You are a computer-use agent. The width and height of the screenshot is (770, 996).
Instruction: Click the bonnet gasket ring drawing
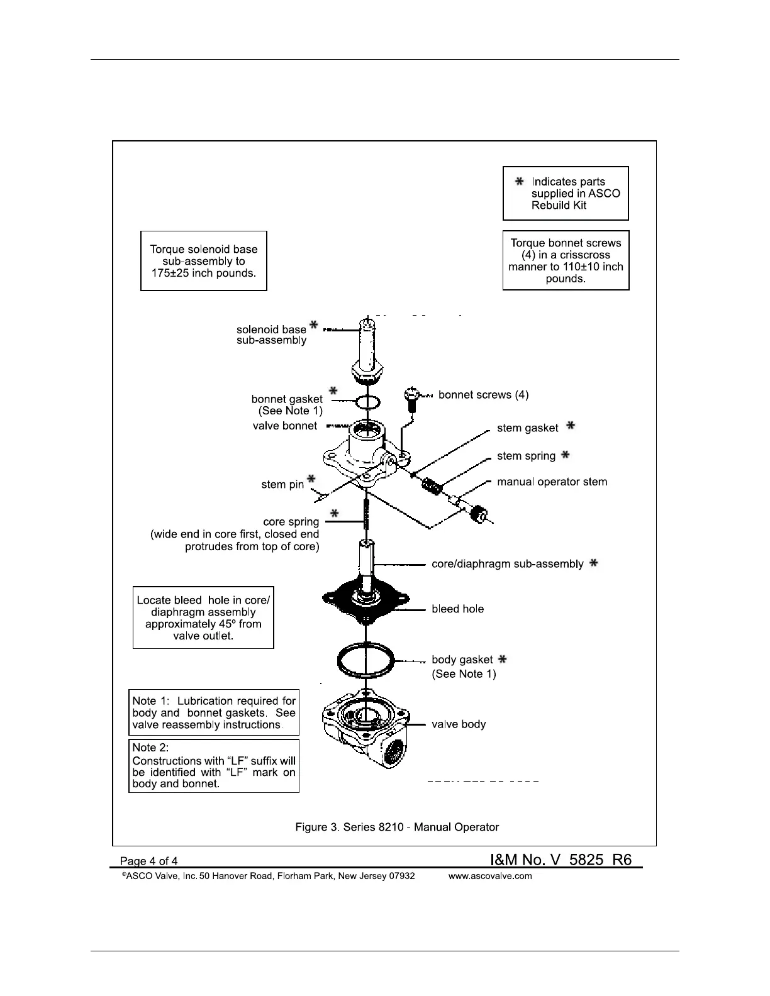[x=366, y=402]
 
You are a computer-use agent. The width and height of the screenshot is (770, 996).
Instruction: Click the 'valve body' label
[x=459, y=724]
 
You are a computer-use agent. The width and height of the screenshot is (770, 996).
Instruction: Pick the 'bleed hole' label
[x=457, y=609]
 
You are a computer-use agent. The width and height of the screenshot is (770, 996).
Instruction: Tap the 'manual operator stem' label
[x=552, y=482]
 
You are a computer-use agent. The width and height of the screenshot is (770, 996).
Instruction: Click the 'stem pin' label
[x=282, y=484]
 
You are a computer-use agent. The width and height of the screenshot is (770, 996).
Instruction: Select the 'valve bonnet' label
[x=285, y=426]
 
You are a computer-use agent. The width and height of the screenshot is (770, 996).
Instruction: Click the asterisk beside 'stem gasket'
[x=571, y=426]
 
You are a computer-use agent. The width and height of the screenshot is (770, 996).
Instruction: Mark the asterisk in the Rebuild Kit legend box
[x=519, y=181]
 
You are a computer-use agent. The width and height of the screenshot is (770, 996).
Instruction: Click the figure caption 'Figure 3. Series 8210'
[x=397, y=827]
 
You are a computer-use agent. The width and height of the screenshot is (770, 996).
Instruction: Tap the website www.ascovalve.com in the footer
[x=489, y=876]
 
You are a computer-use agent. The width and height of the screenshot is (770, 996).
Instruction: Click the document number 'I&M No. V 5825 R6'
[x=561, y=860]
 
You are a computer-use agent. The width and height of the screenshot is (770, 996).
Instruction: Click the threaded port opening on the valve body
[x=394, y=752]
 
